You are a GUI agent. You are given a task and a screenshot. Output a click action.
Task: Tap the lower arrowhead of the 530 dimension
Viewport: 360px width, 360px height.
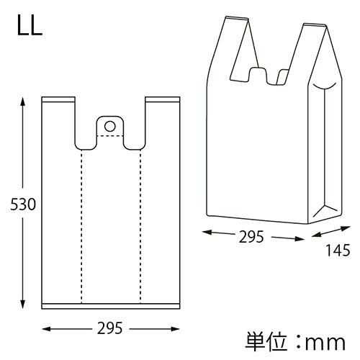pos(24,305)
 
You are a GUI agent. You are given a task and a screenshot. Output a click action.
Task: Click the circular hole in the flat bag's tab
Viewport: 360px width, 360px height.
pos(110,126)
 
